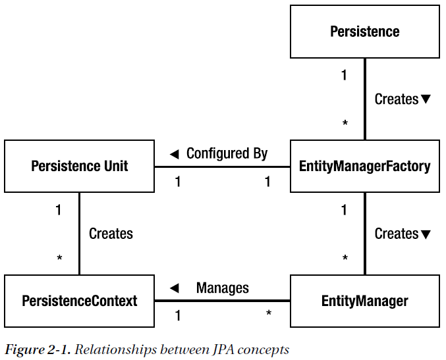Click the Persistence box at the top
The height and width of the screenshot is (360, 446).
pos(364,32)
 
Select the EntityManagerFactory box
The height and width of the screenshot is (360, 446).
pos(364,166)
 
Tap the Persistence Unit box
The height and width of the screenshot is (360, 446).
pos(79,166)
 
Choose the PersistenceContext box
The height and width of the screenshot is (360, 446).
pos(79,301)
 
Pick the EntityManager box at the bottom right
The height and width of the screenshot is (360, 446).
pos(364,301)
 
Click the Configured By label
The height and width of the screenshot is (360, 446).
pos(227,153)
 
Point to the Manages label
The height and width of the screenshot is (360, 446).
pos(223,288)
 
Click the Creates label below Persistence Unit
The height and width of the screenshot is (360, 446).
pos(111,234)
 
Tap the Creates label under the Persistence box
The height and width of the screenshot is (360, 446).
pos(397,99)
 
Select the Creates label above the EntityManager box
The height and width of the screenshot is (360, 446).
pos(397,234)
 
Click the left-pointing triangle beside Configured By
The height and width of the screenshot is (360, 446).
pos(174,154)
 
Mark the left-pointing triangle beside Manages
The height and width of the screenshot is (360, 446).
pos(174,288)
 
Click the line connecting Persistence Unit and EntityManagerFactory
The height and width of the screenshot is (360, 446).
pos(222,167)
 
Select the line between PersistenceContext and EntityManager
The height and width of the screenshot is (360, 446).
pos(222,301)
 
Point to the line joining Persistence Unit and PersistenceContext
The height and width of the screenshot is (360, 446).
pos(80,234)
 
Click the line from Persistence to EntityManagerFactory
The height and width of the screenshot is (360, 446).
pos(364,99)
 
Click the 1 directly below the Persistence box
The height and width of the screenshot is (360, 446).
pos(344,75)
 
